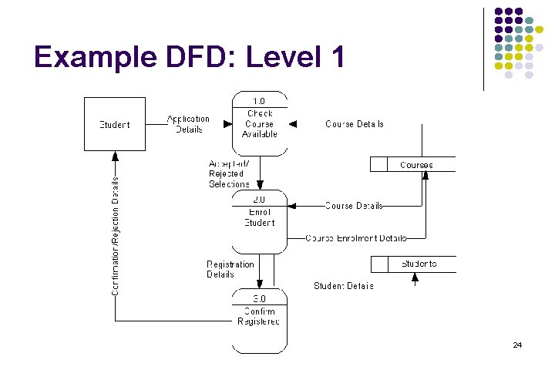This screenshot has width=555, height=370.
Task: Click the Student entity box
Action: pos(114,123)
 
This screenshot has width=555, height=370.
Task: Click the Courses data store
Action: pos(414,164)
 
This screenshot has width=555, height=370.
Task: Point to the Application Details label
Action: pos(189,124)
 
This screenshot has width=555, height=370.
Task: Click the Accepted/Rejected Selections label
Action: pos(229,174)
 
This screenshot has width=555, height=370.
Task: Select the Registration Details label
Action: pos(230,269)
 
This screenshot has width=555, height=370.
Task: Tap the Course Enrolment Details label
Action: pos(355,238)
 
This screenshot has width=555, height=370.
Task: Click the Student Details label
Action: pos(343,286)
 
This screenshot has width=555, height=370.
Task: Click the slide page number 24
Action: pos(517,345)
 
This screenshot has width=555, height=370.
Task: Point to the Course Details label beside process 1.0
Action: pos(354,124)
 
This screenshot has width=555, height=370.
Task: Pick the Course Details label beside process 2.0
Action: pos(354,206)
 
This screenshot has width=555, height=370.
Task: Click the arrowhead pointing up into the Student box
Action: pos(114,155)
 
